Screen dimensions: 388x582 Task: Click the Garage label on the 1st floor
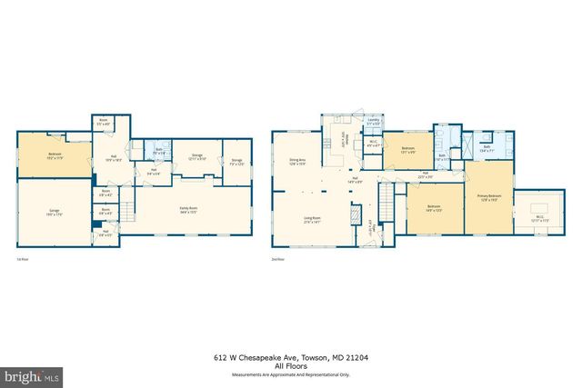tap(55, 212)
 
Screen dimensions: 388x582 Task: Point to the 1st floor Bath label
tap(158, 150)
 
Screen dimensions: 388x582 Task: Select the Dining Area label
tap(297, 162)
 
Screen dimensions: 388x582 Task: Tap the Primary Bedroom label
tap(488, 196)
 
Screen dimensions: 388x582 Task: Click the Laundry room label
tap(373, 121)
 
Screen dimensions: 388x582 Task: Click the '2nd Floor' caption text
tap(278, 259)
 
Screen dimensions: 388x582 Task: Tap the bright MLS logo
tap(32, 374)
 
